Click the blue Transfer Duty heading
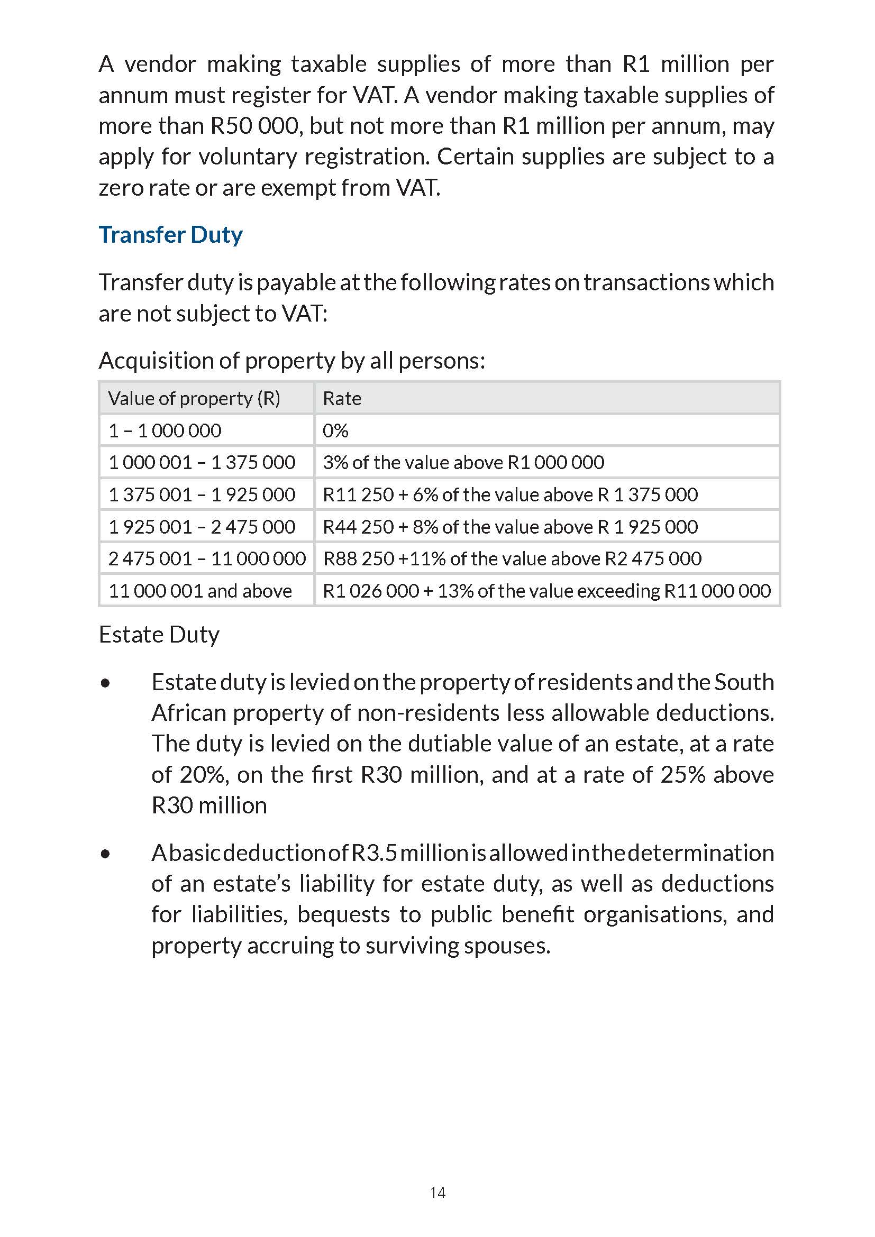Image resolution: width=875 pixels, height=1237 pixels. tap(170, 235)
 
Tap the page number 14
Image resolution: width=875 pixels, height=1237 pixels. tap(437, 1192)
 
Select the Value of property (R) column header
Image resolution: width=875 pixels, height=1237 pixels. tap(194, 399)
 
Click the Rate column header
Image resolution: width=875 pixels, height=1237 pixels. tap(342, 399)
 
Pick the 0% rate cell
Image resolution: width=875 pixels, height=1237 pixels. tap(335, 430)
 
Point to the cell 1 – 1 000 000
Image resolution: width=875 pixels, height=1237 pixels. tap(165, 430)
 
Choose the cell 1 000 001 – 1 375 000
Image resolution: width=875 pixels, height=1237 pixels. tap(202, 462)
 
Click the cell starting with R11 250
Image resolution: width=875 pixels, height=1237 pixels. tap(509, 494)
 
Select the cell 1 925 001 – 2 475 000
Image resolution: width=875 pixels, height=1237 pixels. tap(202, 526)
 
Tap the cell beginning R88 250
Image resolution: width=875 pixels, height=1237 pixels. tap(512, 558)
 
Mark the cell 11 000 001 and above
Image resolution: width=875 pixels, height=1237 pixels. tap(200, 591)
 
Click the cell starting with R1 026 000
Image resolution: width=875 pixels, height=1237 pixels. tap(546, 591)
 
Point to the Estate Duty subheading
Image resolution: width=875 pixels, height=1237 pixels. tap(159, 635)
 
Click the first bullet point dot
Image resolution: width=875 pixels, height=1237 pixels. tap(106, 684)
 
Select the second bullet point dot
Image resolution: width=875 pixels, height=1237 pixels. tap(106, 854)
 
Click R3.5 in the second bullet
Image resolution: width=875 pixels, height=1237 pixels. tap(374, 853)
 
